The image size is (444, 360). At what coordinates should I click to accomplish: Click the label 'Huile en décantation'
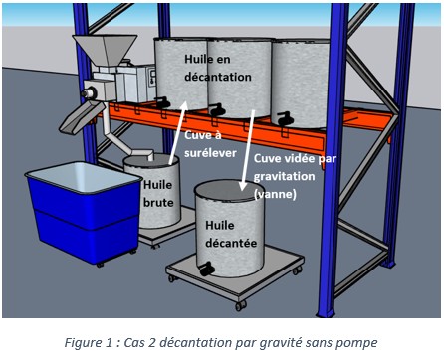[x=218, y=68]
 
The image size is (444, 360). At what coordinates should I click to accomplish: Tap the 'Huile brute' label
[x=158, y=194]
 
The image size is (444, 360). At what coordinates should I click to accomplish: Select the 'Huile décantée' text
[x=231, y=234]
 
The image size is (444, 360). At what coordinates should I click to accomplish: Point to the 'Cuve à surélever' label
[x=210, y=144]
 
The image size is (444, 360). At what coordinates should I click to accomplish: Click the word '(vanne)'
[x=275, y=194]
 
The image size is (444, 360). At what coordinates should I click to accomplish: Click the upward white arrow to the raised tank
[x=177, y=132]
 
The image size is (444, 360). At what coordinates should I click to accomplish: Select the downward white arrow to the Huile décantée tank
[x=248, y=150]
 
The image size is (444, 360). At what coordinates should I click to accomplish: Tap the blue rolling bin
[x=84, y=212]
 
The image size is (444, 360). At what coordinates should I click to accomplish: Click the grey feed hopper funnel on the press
[x=105, y=50]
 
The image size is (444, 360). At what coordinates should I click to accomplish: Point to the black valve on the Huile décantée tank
[x=206, y=269]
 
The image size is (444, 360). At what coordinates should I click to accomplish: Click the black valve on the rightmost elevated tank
[x=286, y=118]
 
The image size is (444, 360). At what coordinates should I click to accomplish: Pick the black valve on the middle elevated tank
[x=217, y=109]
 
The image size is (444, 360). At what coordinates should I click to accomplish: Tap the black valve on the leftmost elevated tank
[x=163, y=102]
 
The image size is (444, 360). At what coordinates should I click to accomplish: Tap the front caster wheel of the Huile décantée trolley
[x=240, y=305]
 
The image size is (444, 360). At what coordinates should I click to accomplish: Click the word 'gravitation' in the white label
[x=284, y=176]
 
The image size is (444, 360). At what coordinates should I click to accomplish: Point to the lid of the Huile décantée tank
[x=225, y=190]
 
